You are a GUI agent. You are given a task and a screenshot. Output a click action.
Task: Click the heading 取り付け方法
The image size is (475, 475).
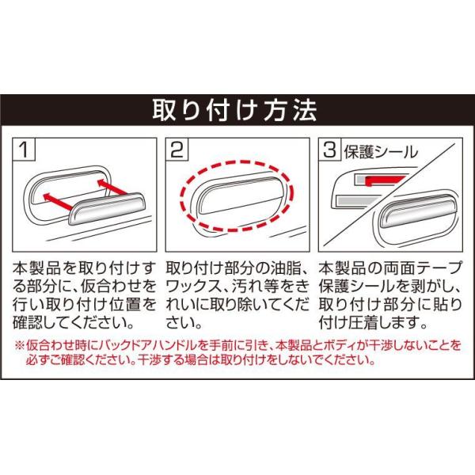pyautogui.click(x=235, y=110)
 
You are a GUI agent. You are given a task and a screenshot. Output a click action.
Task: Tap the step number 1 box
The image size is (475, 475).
pyautogui.click(x=24, y=149)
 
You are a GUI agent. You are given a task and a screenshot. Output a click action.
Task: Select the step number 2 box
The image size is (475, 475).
pyautogui.click(x=177, y=149)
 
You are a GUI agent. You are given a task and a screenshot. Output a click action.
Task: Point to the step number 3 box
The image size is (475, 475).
pyautogui.click(x=330, y=149)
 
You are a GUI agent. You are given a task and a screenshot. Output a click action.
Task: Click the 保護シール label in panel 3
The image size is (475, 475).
pyautogui.click(x=381, y=152)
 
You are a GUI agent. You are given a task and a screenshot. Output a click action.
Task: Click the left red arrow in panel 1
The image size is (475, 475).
pyautogui.click(x=58, y=201)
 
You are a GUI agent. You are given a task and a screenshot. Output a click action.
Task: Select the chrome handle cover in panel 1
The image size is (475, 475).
pyautogui.click(x=108, y=208)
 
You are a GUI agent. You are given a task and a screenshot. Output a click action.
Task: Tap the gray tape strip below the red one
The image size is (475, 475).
pyautogui.click(x=357, y=200)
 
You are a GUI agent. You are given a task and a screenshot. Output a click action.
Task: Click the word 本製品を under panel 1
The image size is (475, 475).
pyautogui.click(x=44, y=268)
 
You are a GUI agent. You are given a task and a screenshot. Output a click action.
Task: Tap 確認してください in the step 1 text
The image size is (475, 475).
pyautogui.click(x=73, y=322)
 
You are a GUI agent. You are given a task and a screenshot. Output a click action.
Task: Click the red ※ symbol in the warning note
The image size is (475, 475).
pyautogui.click(x=19, y=345)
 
